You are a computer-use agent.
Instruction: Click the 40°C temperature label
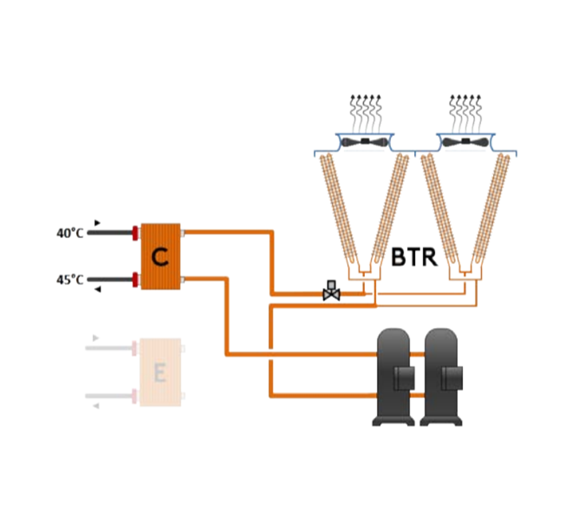[70, 233]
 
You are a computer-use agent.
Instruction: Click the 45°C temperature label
[70, 280]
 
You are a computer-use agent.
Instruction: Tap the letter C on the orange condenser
[160, 257]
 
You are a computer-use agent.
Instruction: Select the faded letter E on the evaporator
[160, 373]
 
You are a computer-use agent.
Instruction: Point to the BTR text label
[414, 257]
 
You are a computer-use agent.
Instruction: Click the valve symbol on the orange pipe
[332, 291]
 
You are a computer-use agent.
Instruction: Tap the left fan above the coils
[364, 142]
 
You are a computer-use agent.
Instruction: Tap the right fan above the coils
[466, 142]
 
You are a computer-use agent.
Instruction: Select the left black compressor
[394, 377]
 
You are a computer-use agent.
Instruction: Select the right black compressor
[441, 377]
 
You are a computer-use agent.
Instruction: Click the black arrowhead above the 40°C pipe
[97, 223]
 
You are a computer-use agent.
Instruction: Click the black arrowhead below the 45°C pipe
[97, 289]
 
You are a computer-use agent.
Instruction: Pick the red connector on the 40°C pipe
[135, 233]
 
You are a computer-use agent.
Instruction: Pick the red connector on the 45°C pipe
[135, 280]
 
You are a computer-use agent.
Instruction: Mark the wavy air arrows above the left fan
[366, 113]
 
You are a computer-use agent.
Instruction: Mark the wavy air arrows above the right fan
[466, 113]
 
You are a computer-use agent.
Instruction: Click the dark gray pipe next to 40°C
[110, 233]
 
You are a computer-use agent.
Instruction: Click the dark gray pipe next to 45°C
[110, 280]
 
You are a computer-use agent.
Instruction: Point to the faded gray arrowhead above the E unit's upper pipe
[95, 338]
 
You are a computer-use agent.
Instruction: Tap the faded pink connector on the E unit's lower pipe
[134, 396]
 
